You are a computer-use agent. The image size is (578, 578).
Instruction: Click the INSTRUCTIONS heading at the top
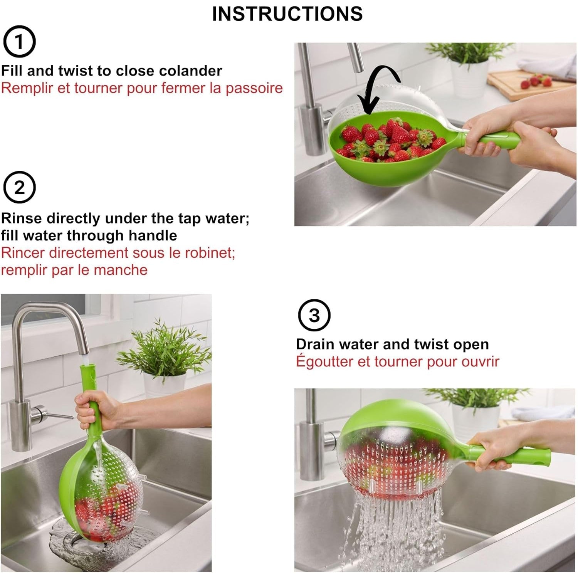click(287, 14)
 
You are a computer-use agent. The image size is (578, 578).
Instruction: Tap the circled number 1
click(19, 42)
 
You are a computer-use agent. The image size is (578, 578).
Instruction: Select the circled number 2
click(19, 187)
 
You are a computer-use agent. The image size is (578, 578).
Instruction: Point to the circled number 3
click(314, 315)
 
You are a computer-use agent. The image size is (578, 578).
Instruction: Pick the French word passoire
click(254, 88)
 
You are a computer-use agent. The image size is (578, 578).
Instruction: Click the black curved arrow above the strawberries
click(376, 87)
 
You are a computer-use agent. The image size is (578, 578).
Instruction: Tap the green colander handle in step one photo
click(497, 139)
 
